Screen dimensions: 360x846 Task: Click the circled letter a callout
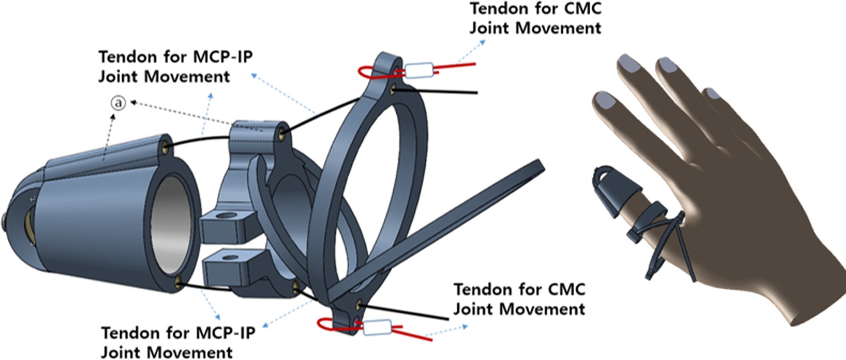tap(117, 102)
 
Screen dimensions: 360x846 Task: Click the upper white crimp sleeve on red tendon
tap(420, 70)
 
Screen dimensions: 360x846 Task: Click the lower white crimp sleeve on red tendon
tap(377, 329)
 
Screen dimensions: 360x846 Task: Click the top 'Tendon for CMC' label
tap(535, 19)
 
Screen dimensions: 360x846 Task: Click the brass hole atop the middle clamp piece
tap(282, 133)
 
